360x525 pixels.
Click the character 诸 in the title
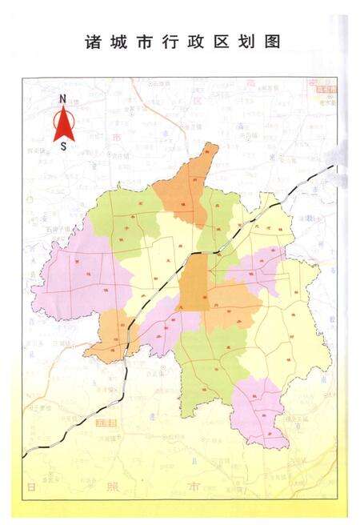point(90,42)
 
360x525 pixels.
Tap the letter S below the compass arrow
point(63,147)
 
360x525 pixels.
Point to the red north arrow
point(63,125)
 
